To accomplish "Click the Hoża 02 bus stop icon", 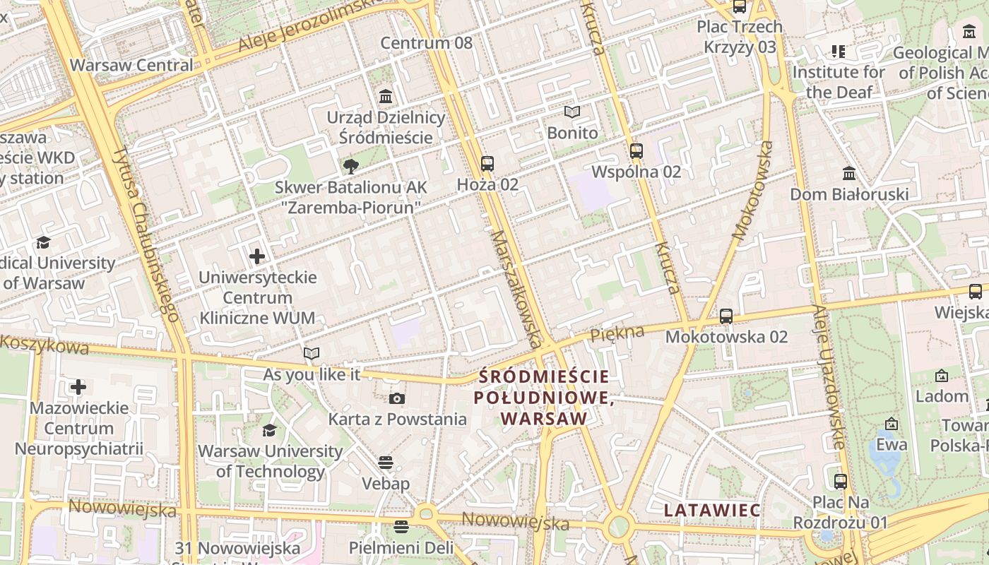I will pos(487,164).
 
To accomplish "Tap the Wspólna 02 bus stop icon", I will pos(636,150).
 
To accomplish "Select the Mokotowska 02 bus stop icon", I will pos(726,316).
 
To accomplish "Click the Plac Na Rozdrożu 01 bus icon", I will pos(840,482).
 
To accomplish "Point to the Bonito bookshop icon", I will pos(572,112).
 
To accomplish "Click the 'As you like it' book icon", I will pos(312,353).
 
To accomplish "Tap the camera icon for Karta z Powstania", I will pos(397,398).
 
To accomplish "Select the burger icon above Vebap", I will pos(385,463).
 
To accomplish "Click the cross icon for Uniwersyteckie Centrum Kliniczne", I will pos(257,256).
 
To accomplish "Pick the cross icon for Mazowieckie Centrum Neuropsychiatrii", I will pos(78,387).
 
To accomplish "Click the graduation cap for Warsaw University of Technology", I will pos(269,430).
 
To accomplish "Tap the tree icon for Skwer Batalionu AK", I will pos(350,167).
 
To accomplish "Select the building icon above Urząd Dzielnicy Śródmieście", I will pos(386,96).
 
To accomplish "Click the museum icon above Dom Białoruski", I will pos(849,173).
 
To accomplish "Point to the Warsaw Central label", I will pos(131,65).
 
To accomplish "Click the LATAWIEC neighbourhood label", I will pos(712,510).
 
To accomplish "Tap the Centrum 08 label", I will pos(426,43).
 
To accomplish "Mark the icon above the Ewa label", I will pos(892,424).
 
